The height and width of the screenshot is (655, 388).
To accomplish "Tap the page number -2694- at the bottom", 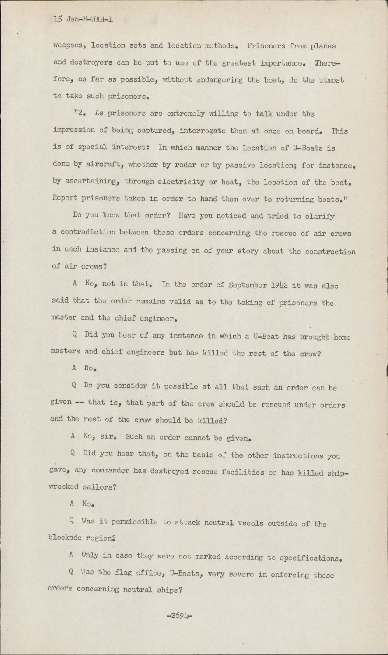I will point(180,616).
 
